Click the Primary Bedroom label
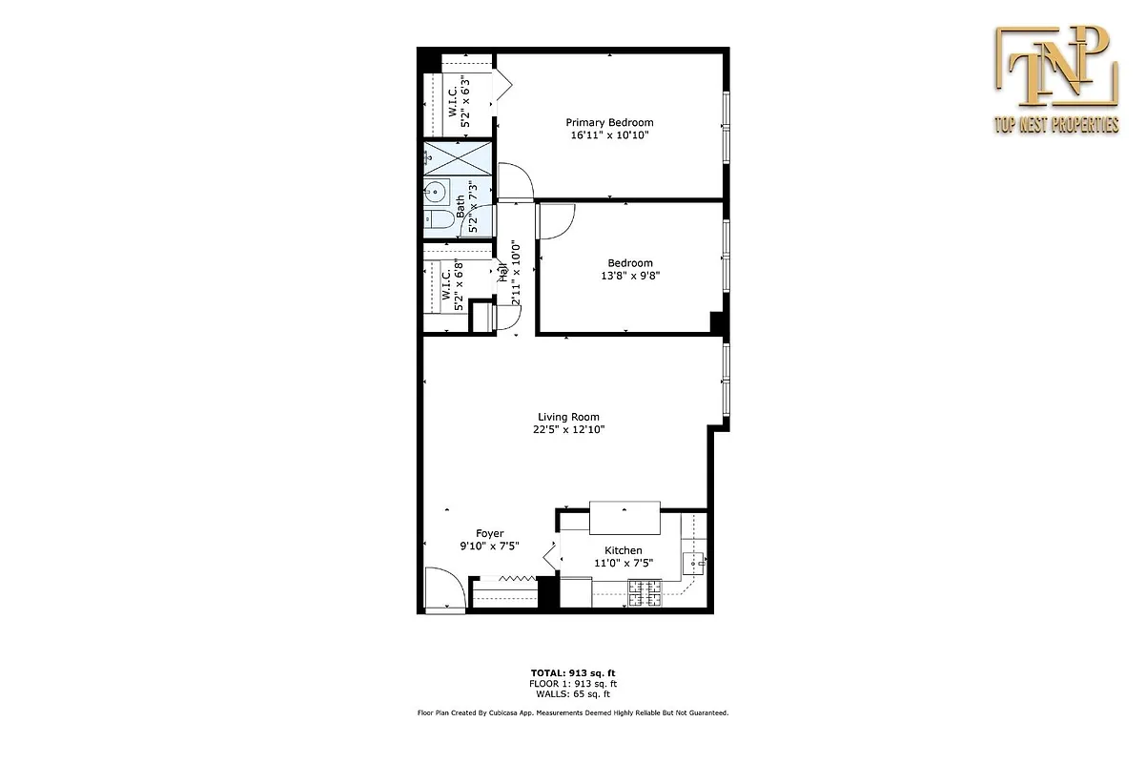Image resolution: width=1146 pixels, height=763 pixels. [609, 122]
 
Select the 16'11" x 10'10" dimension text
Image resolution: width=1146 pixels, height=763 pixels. [609, 135]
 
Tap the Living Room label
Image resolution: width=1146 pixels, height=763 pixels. [568, 417]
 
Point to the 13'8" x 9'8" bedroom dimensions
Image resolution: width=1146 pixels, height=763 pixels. [630, 277]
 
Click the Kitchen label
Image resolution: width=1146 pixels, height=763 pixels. [624, 550]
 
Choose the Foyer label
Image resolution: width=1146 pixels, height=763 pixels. [489, 533]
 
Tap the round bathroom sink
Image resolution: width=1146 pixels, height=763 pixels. [436, 193]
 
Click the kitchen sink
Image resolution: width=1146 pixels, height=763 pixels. [696, 561]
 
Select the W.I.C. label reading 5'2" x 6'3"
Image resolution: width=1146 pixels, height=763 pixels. [459, 100]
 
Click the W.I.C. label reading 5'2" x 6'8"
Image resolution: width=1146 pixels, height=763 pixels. [452, 284]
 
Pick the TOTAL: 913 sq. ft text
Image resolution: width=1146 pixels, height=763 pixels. [572, 672]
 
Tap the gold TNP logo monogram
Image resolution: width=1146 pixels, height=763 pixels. [1055, 69]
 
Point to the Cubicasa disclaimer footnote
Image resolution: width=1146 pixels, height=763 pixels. [572, 712]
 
